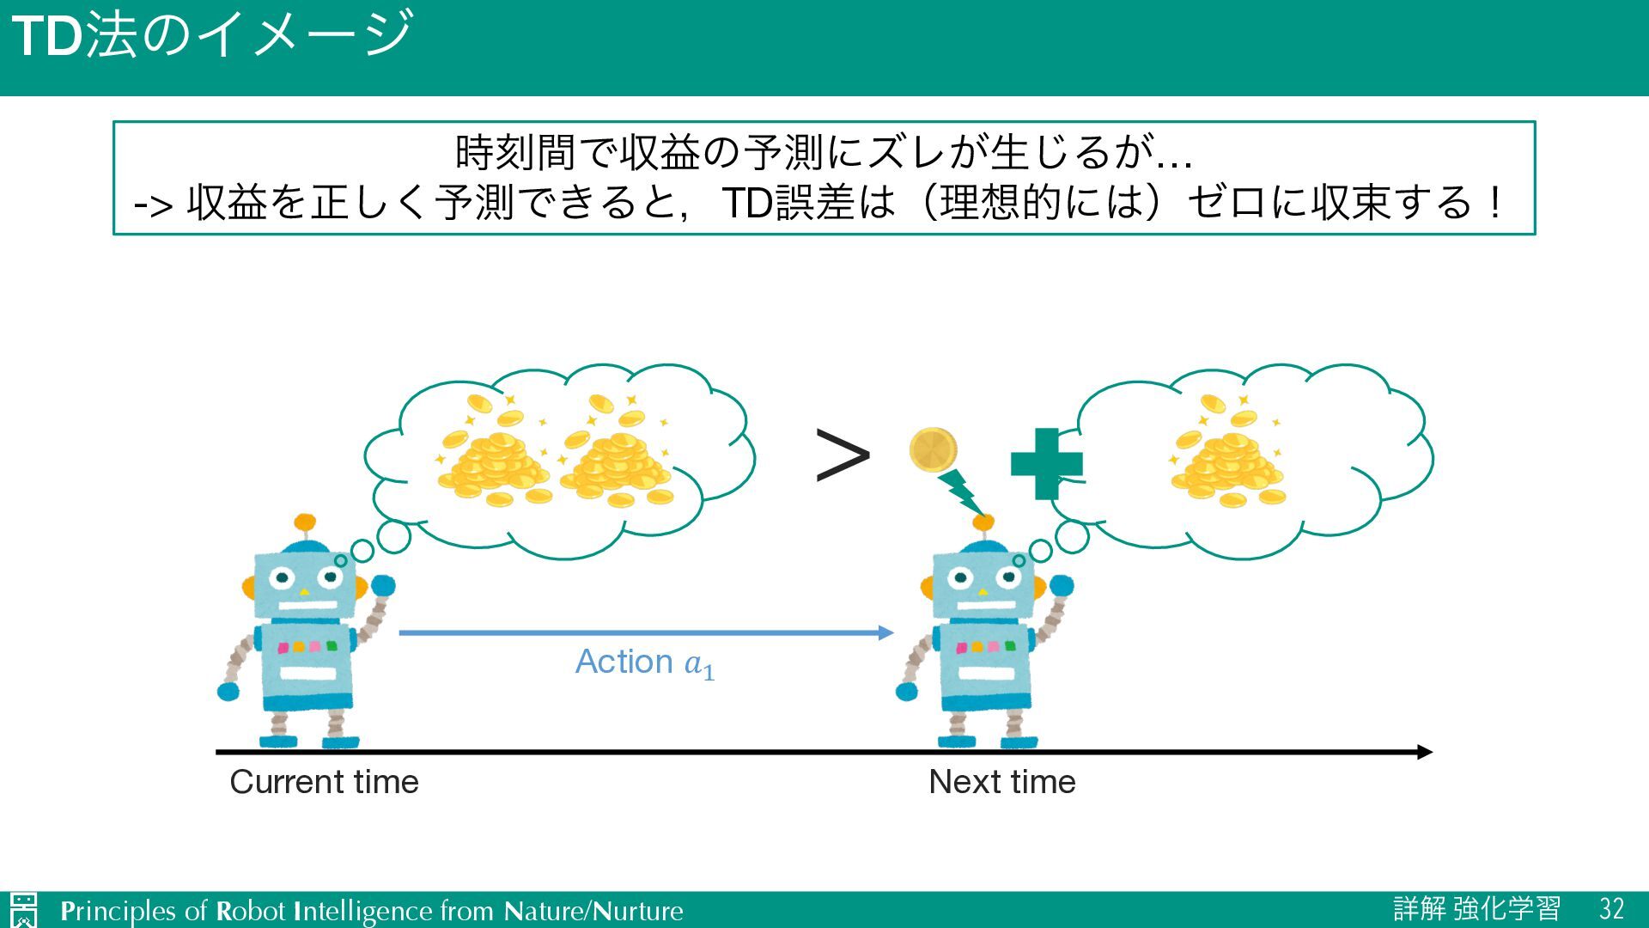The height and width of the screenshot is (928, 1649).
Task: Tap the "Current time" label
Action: click(324, 782)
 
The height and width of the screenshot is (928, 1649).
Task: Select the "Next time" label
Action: click(1001, 782)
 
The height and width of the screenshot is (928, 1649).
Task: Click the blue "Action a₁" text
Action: click(644, 662)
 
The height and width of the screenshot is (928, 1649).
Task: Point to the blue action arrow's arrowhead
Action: click(886, 633)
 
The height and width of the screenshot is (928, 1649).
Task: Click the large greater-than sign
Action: click(842, 455)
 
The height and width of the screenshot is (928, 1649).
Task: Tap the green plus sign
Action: click(1046, 464)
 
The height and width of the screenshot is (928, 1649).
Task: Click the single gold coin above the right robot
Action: click(933, 450)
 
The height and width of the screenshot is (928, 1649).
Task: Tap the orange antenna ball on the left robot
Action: click(305, 522)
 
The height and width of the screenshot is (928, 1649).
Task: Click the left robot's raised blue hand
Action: click(383, 586)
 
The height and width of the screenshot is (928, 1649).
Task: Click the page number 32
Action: click(1611, 909)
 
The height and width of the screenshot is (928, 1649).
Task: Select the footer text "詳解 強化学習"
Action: click(1476, 909)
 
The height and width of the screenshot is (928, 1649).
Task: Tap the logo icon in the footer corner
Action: click(24, 910)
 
